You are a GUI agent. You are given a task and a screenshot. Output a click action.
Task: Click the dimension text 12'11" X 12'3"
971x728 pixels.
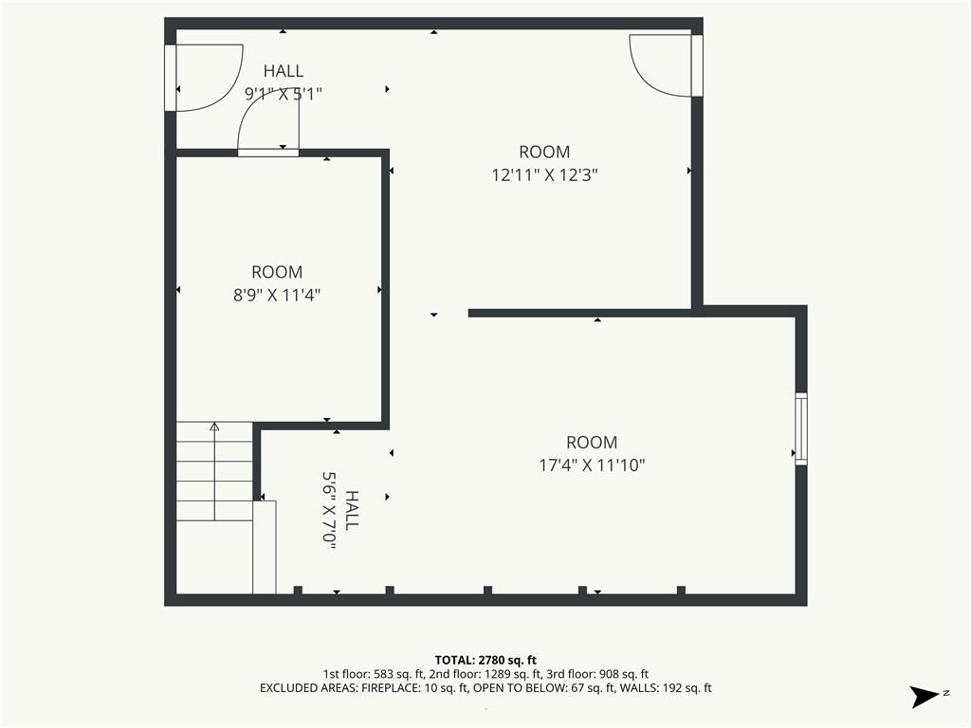[544, 175]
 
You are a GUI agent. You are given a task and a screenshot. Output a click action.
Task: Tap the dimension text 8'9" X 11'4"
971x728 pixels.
[277, 296]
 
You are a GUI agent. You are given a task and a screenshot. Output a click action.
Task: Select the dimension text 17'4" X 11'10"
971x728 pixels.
[592, 465]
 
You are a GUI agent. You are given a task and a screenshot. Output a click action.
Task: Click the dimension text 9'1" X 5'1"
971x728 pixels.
[284, 94]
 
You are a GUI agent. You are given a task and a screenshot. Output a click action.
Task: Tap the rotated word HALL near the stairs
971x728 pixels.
[352, 511]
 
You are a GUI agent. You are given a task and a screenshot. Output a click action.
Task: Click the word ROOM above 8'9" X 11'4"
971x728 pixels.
[277, 272]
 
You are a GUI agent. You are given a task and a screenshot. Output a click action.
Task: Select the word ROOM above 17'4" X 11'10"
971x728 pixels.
[592, 443]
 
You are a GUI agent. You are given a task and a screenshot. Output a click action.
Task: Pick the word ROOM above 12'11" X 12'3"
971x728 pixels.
[544, 153]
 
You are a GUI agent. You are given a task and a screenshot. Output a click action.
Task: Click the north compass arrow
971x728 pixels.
[925, 697]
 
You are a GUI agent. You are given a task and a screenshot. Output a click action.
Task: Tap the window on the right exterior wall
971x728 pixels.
[801, 428]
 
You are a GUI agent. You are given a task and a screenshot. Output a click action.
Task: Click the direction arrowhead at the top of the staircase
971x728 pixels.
[215, 426]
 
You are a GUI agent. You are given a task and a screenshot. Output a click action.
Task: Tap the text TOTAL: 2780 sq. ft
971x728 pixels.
[485, 661]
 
